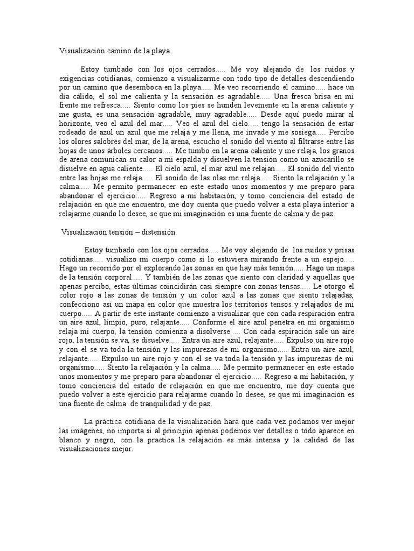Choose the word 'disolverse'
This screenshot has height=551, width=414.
tap(211, 332)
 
